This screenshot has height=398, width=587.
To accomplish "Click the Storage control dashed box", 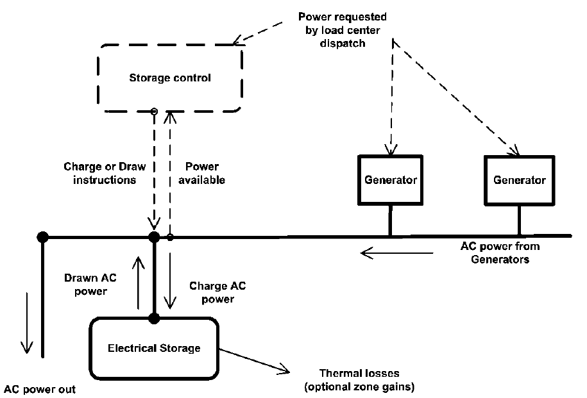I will click(170, 78).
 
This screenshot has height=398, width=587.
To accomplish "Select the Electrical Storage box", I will click(154, 348).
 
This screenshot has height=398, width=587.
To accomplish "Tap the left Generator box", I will click(390, 180).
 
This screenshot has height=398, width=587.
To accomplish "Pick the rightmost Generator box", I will click(519, 180).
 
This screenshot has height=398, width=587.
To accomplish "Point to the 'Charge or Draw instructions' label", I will click(105, 173).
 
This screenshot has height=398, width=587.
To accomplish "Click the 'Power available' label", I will click(201, 173).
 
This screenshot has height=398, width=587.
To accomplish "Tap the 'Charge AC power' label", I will click(209, 292).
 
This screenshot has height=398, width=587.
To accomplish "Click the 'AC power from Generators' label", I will click(500, 253).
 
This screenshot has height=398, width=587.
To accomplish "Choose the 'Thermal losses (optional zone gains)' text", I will click(359, 380).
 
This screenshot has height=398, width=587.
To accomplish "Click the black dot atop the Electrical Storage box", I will click(154, 317).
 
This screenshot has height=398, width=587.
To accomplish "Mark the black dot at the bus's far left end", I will click(42, 237).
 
